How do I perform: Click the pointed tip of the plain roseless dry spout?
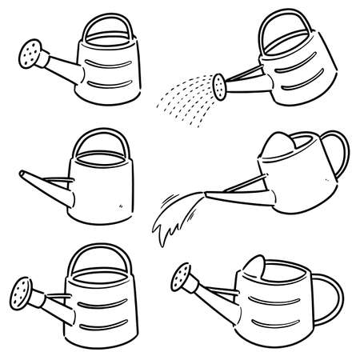(x=19, y=172)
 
